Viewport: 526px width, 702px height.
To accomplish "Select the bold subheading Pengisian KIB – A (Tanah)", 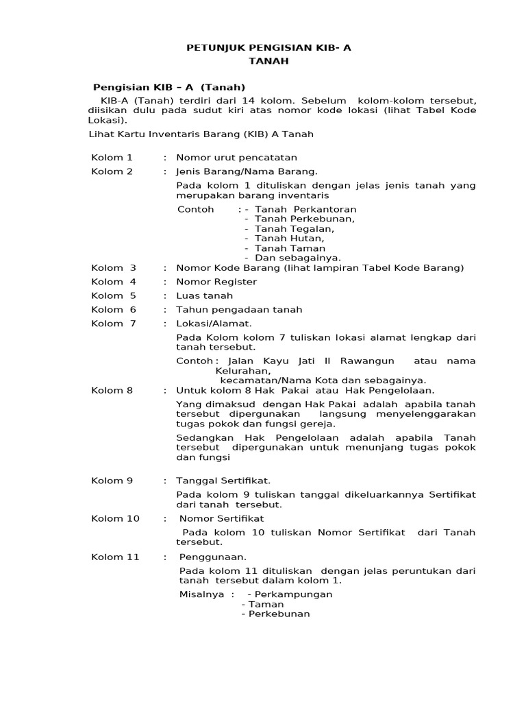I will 168,87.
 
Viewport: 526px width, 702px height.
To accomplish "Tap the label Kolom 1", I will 112,157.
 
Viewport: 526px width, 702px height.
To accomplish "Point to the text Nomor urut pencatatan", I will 236,157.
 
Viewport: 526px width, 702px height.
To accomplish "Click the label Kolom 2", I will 112,171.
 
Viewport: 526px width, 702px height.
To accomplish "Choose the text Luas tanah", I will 204,295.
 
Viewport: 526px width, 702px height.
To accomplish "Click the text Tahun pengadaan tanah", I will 239,310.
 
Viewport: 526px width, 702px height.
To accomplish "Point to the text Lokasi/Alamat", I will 214,324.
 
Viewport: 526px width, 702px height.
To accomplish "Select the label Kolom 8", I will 112,390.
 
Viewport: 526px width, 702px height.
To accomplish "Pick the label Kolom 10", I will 115,518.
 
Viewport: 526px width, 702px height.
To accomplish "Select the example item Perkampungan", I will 293,594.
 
